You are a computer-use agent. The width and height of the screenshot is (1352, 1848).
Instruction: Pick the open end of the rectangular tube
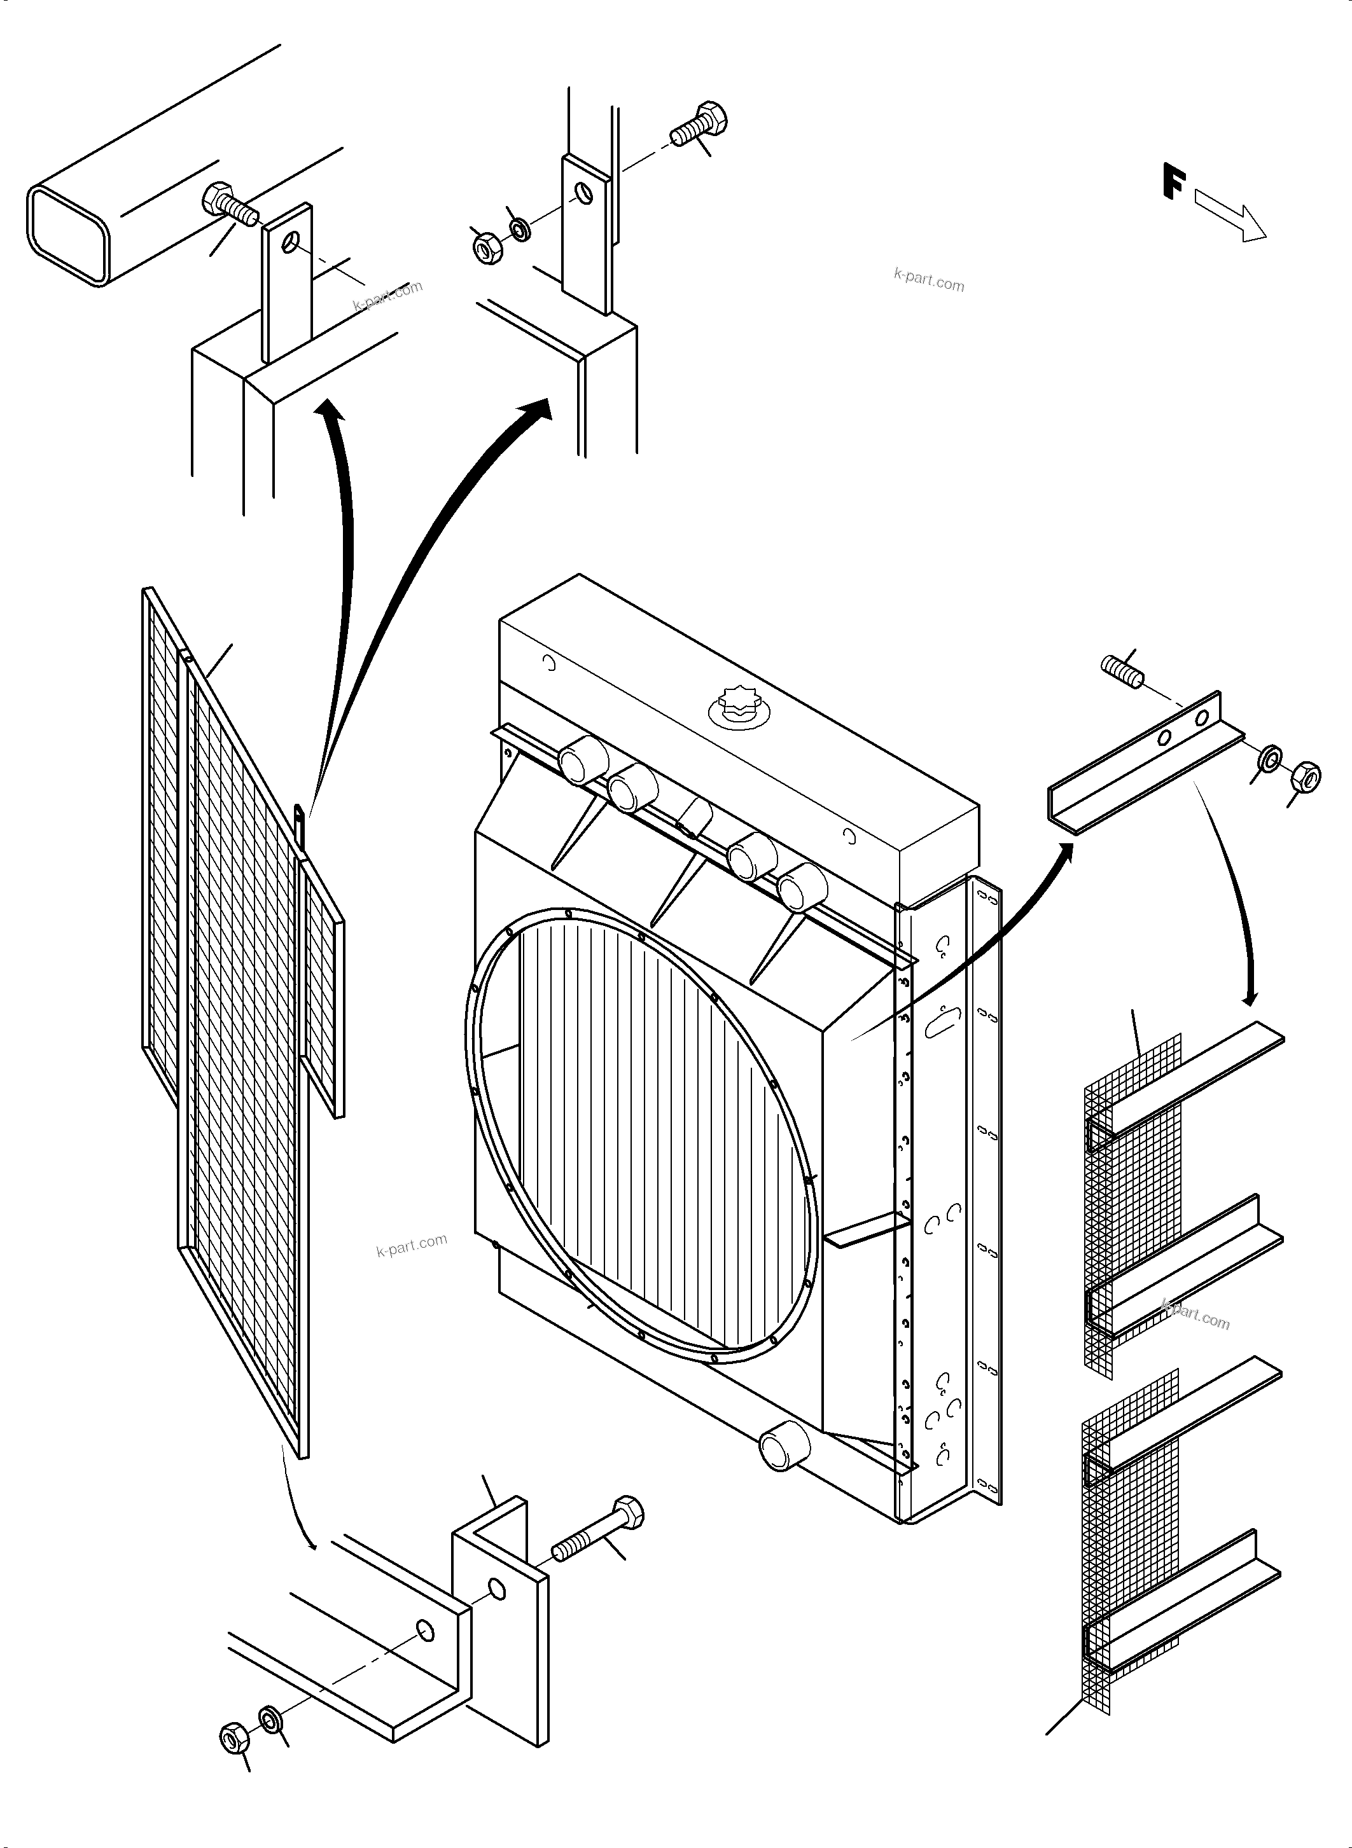point(69,234)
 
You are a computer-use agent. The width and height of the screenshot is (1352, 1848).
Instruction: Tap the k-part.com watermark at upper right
point(929,280)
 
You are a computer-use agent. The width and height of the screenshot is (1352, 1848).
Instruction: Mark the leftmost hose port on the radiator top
point(583,760)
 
